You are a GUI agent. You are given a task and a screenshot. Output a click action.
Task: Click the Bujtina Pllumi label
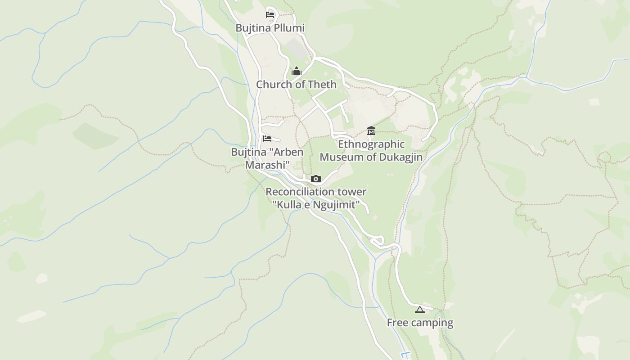(270, 28)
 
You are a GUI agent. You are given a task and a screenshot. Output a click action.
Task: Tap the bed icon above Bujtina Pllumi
(270, 14)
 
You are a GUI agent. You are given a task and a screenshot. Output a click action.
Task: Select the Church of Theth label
(296, 84)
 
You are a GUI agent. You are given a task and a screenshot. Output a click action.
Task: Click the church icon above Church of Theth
(296, 71)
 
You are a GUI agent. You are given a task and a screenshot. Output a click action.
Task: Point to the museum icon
(371, 131)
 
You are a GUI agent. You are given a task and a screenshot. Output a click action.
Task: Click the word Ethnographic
(371, 144)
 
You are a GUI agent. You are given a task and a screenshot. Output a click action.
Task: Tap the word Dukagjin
(400, 157)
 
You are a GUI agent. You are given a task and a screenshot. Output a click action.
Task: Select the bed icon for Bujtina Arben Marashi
(267, 139)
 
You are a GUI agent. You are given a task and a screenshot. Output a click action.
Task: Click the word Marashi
(267, 165)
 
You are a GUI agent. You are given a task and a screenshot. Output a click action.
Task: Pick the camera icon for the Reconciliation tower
(316, 179)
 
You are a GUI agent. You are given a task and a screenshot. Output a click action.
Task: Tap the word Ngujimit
(334, 205)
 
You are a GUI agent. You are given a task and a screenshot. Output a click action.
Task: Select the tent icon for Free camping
(419, 310)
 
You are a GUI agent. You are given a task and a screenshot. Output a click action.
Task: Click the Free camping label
(420, 323)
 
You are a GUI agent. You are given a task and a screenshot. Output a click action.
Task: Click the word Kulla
(289, 205)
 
